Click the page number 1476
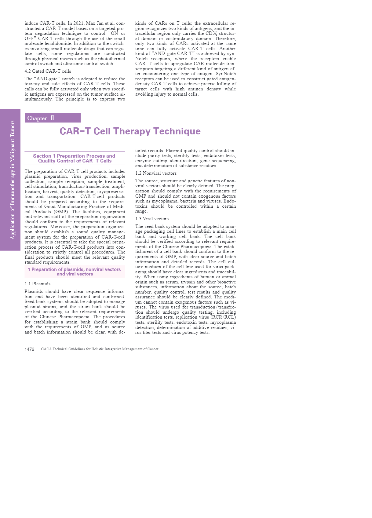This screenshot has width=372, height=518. click(x=29, y=349)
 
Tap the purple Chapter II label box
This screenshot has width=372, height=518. click(x=53, y=118)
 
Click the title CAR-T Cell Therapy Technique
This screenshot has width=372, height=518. click(x=130, y=131)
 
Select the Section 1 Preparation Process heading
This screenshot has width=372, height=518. click(x=75, y=158)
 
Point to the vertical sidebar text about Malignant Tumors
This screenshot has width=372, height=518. click(x=13, y=180)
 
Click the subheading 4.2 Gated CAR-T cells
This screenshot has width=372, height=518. click(x=48, y=71)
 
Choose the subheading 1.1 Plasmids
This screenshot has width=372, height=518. click(x=38, y=284)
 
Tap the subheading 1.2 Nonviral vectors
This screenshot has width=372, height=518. click(x=156, y=173)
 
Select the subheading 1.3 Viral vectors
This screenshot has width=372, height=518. click(x=152, y=219)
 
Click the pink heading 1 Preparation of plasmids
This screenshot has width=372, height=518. click(x=75, y=272)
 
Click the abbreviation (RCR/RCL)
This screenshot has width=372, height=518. click(x=223, y=317)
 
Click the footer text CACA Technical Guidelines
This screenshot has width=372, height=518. click(x=100, y=349)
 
